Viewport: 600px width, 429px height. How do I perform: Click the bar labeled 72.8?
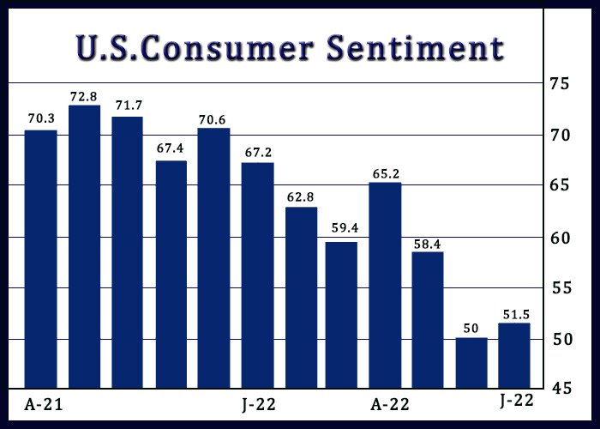point(85,247)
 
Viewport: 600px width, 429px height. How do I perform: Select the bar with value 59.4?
point(341,315)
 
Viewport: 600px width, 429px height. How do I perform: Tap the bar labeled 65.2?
point(386,286)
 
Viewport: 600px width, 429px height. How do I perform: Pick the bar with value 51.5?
point(514,356)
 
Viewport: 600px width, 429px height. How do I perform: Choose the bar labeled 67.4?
point(171,275)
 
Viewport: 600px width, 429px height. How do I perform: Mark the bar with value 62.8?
point(302,298)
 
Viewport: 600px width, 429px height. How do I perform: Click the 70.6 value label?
point(212,120)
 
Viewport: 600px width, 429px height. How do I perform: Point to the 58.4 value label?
point(427,245)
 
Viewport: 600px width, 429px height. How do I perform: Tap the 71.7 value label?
point(129,106)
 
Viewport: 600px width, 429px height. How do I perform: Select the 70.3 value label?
point(41,118)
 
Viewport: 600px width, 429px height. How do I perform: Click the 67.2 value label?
point(258,153)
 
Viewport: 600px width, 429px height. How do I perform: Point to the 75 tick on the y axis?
point(560,83)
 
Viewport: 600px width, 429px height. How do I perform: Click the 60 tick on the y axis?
point(561,239)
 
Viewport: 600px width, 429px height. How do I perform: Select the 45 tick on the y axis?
point(561,389)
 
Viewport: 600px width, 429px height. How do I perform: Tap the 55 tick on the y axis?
point(561,288)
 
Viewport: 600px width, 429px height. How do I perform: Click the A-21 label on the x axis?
point(43,404)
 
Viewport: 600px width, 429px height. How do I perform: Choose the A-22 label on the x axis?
point(389,404)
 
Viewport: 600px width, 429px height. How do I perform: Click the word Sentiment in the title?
point(416,48)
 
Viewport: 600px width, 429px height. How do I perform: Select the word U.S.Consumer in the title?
point(195,48)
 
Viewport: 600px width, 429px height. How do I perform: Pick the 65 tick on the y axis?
point(561,185)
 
